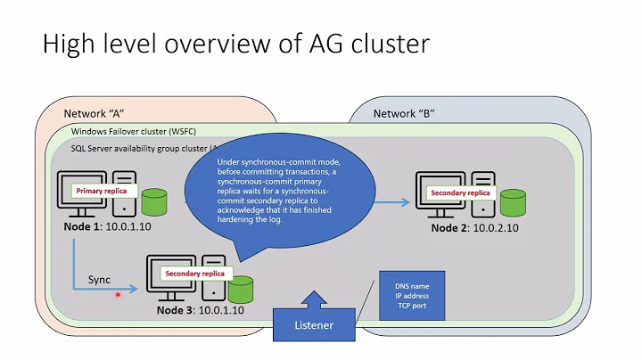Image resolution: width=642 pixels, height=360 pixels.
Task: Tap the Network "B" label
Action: coord(407,114)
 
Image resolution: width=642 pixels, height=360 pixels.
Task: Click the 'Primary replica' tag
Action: coord(101,191)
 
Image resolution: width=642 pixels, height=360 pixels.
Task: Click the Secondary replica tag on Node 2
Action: coord(459,192)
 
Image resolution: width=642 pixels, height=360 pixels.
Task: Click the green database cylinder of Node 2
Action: coord(513,202)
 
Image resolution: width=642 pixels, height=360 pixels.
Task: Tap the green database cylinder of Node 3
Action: coord(241,288)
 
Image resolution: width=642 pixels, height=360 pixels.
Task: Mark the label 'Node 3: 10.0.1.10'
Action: coord(202,309)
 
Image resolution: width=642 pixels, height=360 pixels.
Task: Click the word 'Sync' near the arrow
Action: coord(99,280)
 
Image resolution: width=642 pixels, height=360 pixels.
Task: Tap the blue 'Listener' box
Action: coord(313,325)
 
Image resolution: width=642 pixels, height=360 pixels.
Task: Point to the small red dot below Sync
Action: coord(119,296)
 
